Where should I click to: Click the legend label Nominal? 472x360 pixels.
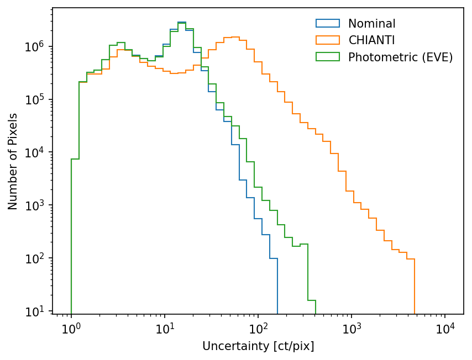point(371,24)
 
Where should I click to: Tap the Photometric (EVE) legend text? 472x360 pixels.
point(400,57)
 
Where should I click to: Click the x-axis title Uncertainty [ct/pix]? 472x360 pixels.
point(258,346)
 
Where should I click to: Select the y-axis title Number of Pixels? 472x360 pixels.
point(13,161)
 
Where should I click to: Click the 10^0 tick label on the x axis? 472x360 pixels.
point(71,330)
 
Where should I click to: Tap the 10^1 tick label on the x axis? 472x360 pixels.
point(165,330)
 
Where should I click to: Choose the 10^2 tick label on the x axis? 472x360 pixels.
point(258,330)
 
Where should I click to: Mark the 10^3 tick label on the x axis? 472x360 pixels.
point(352,330)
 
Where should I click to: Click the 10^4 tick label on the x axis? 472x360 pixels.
point(445,330)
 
